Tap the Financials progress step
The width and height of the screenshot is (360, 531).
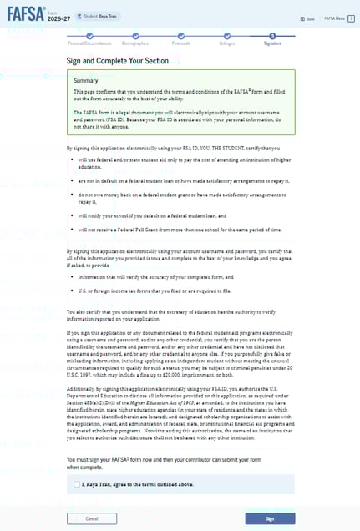tap(181, 41)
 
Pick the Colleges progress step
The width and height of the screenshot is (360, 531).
tap(226, 41)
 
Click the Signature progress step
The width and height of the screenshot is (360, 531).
tap(271, 41)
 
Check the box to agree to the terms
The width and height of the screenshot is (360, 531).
tap(77, 483)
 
